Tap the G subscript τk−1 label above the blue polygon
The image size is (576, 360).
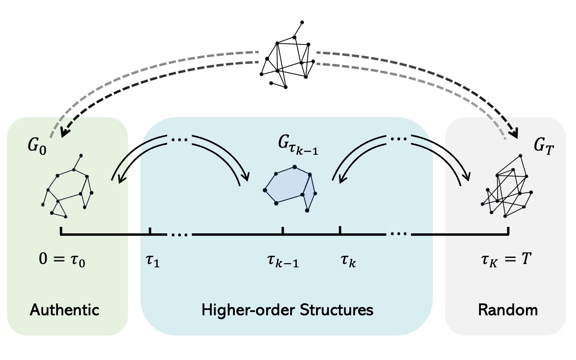[298, 145]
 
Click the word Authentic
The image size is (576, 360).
[65, 310]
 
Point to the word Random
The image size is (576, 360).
[508, 310]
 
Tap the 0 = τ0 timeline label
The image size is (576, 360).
[62, 260]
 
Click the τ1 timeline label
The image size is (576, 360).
[153, 261]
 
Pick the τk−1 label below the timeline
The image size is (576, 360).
[283, 261]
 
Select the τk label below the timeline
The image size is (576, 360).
[348, 261]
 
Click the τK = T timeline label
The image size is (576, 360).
[506, 260]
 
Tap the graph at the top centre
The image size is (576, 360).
[286, 60]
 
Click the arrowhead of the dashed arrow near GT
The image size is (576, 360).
[514, 134]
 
